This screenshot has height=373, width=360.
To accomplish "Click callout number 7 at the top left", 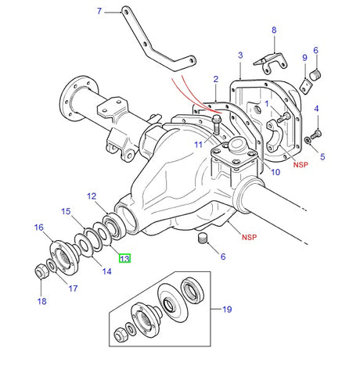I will pyautogui.click(x=99, y=11).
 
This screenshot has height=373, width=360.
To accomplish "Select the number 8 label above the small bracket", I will pyautogui.click(x=274, y=30).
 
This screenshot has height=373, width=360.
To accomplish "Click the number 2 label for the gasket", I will pyautogui.click(x=215, y=79).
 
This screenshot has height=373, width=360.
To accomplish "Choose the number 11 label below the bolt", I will pyautogui.click(x=200, y=145).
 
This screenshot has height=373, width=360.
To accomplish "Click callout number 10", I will pyautogui.click(x=275, y=171).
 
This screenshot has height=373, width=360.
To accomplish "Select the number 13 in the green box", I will pyautogui.click(x=124, y=257).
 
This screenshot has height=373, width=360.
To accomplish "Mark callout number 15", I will pyautogui.click(x=67, y=211).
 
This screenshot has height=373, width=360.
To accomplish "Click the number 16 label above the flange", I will pyautogui.click(x=38, y=228).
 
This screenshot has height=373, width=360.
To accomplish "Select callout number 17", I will pyautogui.click(x=74, y=289).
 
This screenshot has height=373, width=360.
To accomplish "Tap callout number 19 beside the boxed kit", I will pyautogui.click(x=227, y=310).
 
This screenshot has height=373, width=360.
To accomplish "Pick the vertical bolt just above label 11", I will pyautogui.click(x=215, y=121).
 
